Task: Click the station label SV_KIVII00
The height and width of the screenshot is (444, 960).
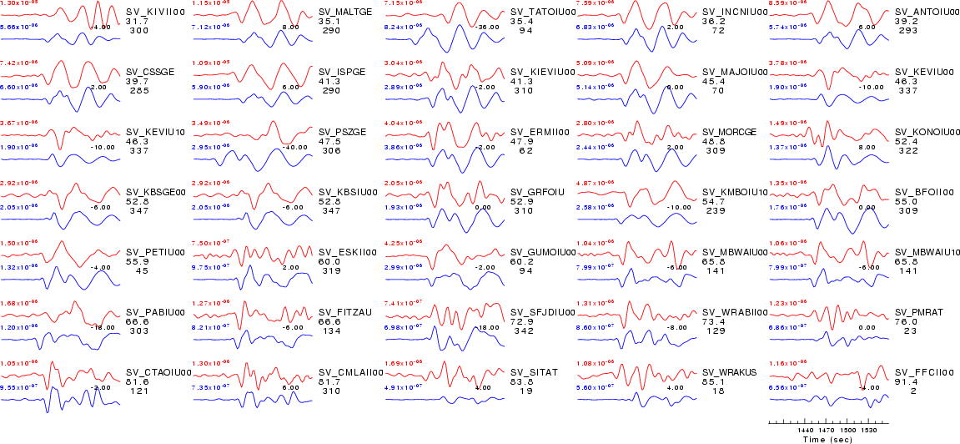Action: coord(149,12)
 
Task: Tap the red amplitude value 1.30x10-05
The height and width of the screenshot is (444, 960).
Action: coord(19,3)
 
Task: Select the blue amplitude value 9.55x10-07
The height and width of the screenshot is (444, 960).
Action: coord(19,388)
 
